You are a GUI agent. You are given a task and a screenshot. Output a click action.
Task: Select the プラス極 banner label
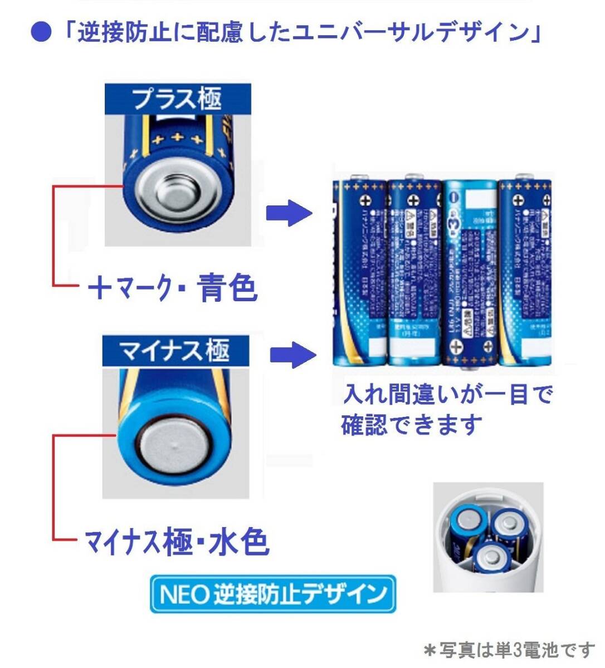point(177,99)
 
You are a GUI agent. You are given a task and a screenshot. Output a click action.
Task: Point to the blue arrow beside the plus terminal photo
point(288,214)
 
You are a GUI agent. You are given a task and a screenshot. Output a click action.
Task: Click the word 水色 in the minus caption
point(239,541)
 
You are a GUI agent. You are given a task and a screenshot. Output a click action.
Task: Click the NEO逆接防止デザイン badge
point(272,594)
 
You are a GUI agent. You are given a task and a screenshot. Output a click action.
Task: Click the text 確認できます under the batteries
point(411,425)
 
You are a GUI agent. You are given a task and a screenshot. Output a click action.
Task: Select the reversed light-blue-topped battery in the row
point(470,273)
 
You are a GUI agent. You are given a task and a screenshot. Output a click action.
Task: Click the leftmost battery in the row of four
point(359,273)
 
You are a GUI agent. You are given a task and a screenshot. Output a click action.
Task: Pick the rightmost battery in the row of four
point(525,273)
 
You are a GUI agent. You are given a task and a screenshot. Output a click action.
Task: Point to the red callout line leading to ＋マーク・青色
point(53,234)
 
